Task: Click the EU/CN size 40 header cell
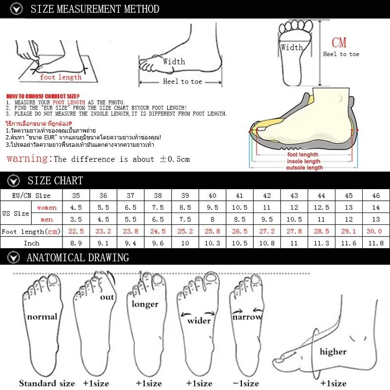pyautogui.click(x=212, y=195)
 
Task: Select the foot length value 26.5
pyautogui.click(x=239, y=231)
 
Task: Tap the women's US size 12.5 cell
pyautogui.click(x=321, y=208)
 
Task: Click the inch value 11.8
pyautogui.click(x=375, y=243)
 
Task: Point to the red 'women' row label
pyautogui.click(x=47, y=208)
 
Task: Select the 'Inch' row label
pyautogui.click(x=31, y=243)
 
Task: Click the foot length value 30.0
pyautogui.click(x=375, y=231)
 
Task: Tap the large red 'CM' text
pyautogui.click(x=339, y=43)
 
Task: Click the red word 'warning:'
pyautogui.click(x=29, y=159)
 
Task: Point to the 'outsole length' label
pyautogui.click(x=304, y=168)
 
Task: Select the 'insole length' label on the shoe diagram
pyautogui.click(x=303, y=161)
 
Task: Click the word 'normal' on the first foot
pyautogui.click(x=42, y=317)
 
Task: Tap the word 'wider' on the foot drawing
pyautogui.click(x=199, y=321)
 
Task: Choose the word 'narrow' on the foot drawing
pyautogui.click(x=247, y=317)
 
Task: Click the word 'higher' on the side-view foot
pyautogui.click(x=333, y=351)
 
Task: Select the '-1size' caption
pyautogui.click(x=246, y=383)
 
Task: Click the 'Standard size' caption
pyautogui.click(x=47, y=383)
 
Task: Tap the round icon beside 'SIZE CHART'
pyautogui.click(x=15, y=181)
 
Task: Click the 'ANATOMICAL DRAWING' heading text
pyautogui.click(x=78, y=257)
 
